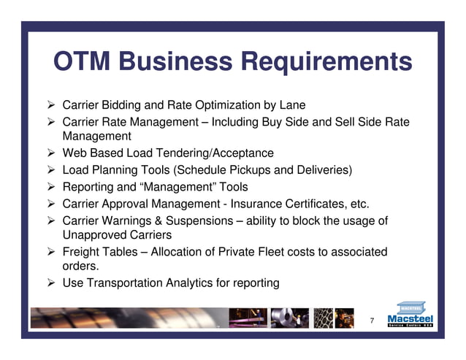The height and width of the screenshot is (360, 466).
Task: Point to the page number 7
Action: pyautogui.click(x=372, y=321)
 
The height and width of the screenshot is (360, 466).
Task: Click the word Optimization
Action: pyautogui.click(x=232, y=105)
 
